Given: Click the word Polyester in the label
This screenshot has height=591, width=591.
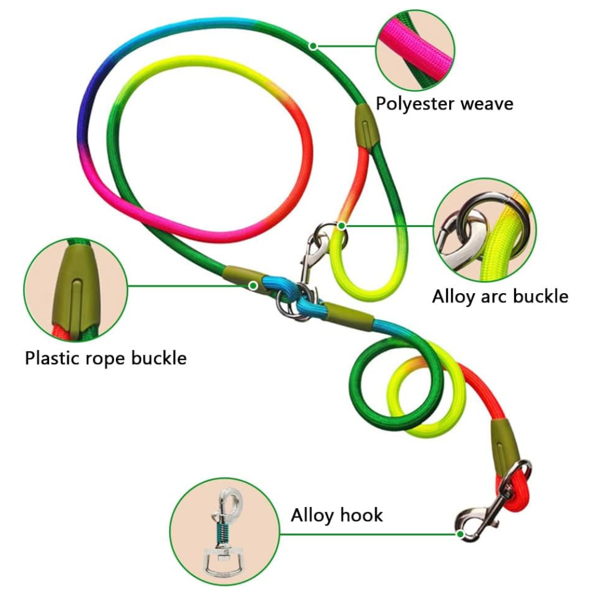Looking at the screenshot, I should tap(415, 104).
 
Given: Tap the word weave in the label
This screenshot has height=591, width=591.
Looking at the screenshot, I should tap(487, 104).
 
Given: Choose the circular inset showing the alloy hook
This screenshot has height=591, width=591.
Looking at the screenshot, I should tap(224, 530).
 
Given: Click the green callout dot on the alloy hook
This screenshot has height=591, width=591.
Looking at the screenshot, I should tap(460, 534).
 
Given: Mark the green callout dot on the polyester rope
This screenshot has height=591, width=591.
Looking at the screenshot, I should tap(313, 46).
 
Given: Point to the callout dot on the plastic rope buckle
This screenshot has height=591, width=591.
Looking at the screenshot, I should tap(253, 285).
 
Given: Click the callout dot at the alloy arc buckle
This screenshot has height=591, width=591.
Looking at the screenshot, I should tap(341, 225).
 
